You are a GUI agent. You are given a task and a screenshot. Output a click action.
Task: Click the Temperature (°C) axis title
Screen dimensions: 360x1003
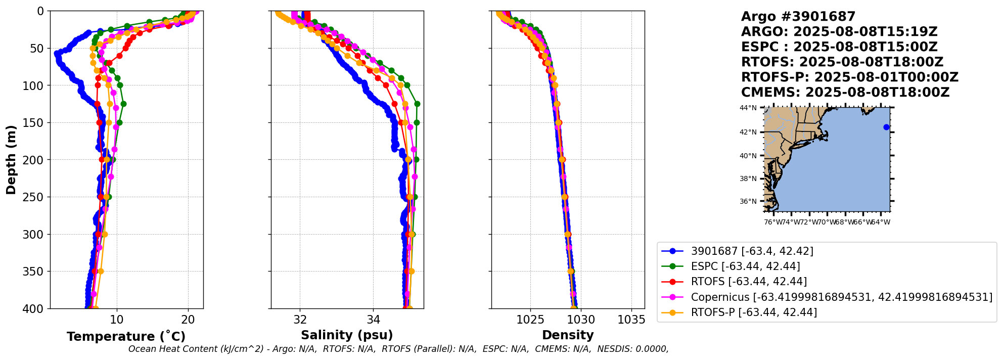click(x=126, y=337)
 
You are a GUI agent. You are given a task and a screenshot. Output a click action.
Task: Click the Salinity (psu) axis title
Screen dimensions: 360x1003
click(x=347, y=335)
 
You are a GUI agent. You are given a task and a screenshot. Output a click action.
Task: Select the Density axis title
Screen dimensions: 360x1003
click(x=568, y=335)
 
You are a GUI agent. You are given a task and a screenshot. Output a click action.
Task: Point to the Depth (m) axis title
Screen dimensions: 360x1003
click(x=11, y=159)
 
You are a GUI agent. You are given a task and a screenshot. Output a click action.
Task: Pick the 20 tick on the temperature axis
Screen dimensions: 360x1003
click(x=188, y=320)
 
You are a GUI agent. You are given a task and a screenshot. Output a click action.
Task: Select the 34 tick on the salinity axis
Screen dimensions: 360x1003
click(x=373, y=320)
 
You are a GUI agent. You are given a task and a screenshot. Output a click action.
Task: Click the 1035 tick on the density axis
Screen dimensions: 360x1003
click(x=631, y=320)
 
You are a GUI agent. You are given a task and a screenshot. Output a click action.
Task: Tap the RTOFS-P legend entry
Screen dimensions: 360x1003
click(x=753, y=312)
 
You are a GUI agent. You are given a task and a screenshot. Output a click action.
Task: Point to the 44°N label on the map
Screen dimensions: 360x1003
click(x=748, y=108)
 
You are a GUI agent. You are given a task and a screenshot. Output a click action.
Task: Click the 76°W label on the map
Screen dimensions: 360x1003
click(x=772, y=222)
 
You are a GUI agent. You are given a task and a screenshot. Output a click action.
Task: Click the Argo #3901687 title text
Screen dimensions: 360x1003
click(x=798, y=17)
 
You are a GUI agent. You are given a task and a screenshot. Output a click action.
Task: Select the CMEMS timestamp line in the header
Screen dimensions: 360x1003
click(x=845, y=93)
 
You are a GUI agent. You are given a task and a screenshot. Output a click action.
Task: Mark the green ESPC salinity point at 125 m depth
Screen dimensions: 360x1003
click(x=417, y=104)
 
